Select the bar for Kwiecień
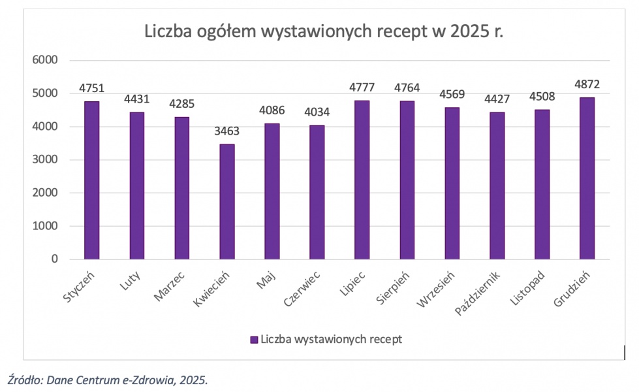(227, 202)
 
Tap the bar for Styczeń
(92, 180)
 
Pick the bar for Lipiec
(362, 180)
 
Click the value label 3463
(227, 131)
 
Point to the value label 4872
(587, 84)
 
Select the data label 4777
(362, 88)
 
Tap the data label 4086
(272, 110)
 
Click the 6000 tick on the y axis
(46, 60)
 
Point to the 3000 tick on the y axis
(46, 160)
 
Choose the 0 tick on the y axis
(54, 259)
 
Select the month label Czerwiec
(301, 288)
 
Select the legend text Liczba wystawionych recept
(331, 339)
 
